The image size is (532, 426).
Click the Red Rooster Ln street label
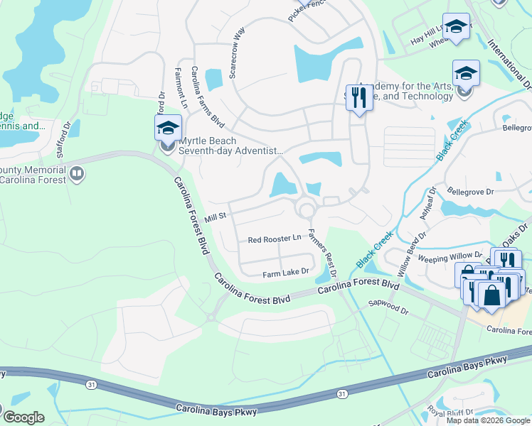(x=274, y=240)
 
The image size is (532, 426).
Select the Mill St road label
(x=215, y=216)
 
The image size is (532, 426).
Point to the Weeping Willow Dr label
(x=449, y=257)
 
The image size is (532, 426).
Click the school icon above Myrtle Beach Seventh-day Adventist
(x=169, y=128)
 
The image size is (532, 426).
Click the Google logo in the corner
(x=23, y=417)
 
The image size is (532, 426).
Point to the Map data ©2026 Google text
(x=488, y=420)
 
